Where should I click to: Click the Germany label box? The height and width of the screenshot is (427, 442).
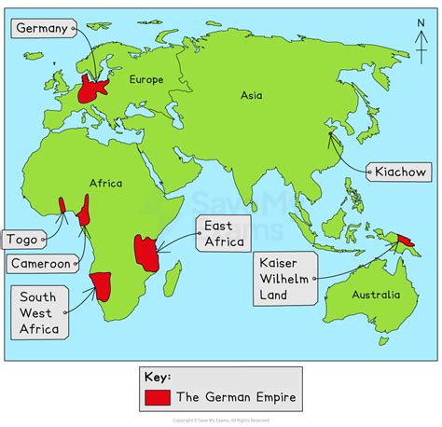[x=43, y=29]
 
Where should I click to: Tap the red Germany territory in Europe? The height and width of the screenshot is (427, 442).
[x=93, y=90]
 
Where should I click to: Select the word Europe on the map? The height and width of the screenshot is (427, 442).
[x=146, y=80]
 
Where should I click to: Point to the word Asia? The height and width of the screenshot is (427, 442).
[x=252, y=94]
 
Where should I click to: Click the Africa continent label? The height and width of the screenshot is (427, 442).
[x=105, y=184]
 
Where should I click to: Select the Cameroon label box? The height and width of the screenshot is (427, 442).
[x=39, y=264]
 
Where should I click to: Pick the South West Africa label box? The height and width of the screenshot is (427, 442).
[x=38, y=312]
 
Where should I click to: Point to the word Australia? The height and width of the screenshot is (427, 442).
[x=376, y=295]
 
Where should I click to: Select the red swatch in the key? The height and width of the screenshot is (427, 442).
[x=158, y=397]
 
